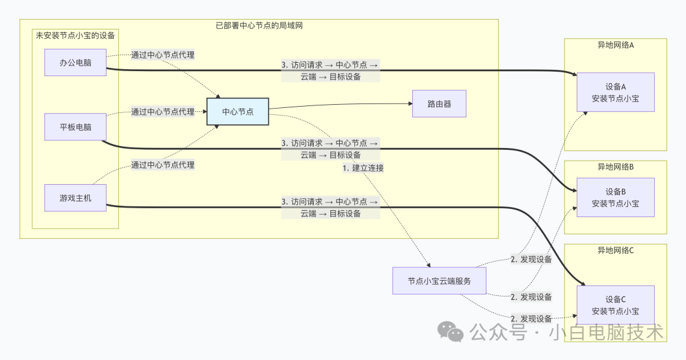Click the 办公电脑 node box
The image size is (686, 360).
click(x=75, y=62)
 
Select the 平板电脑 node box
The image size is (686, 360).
click(x=75, y=127)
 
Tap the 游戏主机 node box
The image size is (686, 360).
click(x=75, y=198)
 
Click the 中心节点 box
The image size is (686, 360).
click(x=238, y=112)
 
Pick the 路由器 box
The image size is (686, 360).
click(x=439, y=103)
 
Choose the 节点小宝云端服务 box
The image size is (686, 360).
click(x=439, y=281)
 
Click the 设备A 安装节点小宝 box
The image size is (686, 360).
click(x=615, y=92)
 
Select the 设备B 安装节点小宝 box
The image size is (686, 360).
click(x=615, y=197)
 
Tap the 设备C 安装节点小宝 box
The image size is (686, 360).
click(x=615, y=305)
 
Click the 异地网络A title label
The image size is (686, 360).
click(x=615, y=46)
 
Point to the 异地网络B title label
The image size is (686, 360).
click(x=615, y=168)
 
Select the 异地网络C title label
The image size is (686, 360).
click(x=615, y=250)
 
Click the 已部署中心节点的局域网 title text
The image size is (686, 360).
click(x=259, y=25)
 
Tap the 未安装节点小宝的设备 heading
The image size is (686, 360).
click(x=76, y=36)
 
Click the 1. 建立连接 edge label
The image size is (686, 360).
click(x=363, y=168)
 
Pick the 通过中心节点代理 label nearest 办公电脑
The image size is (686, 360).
click(x=163, y=55)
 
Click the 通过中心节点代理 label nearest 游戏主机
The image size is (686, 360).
click(x=163, y=165)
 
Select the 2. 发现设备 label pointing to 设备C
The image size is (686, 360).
click(x=531, y=318)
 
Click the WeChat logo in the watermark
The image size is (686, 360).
click(x=452, y=332)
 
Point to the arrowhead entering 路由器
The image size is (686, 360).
click(x=409, y=103)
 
